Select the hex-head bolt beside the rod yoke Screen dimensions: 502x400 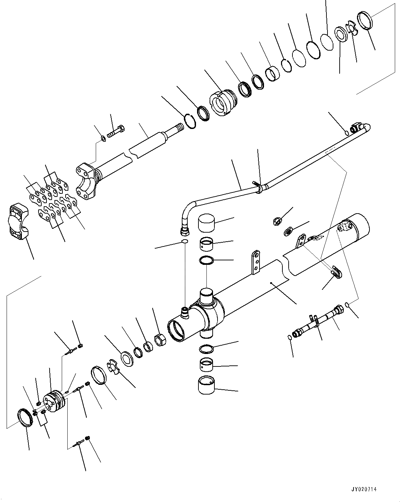click(x=116, y=131)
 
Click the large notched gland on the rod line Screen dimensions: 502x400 click(x=224, y=102)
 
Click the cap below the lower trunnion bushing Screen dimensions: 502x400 click(x=207, y=386)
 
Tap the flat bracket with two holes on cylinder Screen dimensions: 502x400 click(x=256, y=262)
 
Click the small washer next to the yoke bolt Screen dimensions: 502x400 click(x=103, y=139)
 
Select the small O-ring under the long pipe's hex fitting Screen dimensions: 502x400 click(x=185, y=242)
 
